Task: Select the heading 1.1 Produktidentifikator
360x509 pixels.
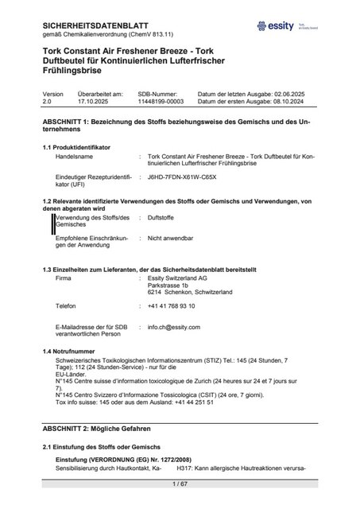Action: (x=76, y=147)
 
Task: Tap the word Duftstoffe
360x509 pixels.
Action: (x=161, y=217)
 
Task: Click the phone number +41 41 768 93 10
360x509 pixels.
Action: (x=177, y=306)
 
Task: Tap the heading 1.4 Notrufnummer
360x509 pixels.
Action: (x=68, y=351)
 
